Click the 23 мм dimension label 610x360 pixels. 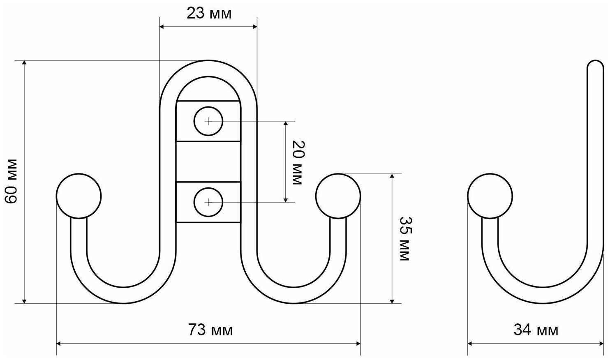[x=209, y=14]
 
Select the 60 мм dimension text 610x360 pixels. [x=12, y=181]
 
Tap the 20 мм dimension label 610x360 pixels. [x=297, y=162]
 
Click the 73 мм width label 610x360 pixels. [x=210, y=330]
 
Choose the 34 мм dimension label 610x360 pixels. [x=536, y=330]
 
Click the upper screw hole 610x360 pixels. [x=208, y=121]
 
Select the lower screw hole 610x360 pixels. [x=208, y=202]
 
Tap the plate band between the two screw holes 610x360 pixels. [x=208, y=162]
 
